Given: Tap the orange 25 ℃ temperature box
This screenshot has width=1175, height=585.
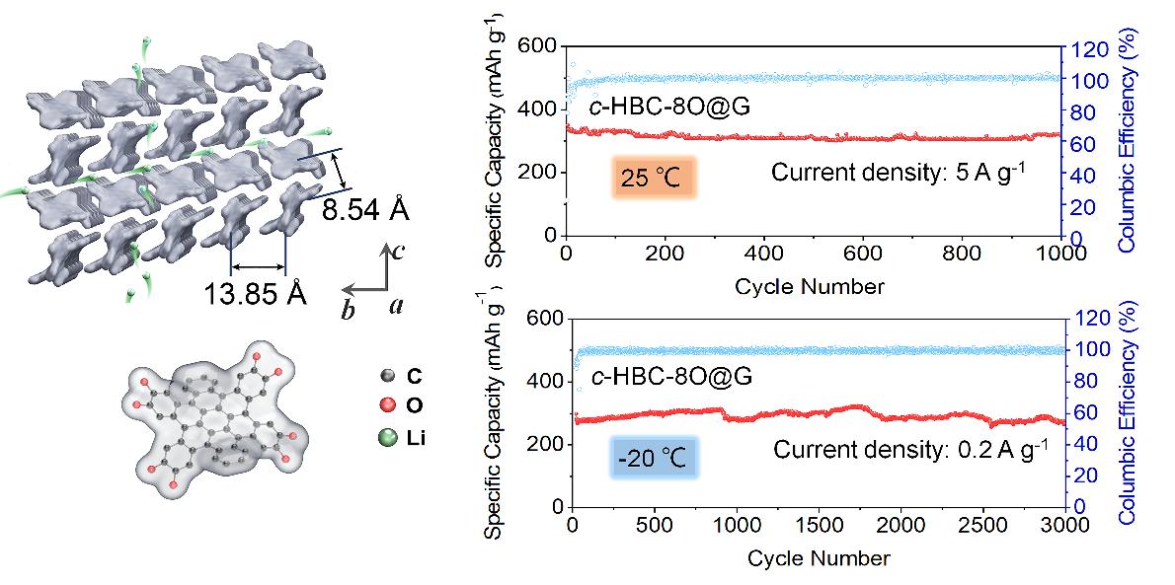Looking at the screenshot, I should (x=654, y=179).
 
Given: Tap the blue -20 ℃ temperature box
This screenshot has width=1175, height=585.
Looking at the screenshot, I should (x=655, y=459).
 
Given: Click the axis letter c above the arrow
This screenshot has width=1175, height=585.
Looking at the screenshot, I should (x=397, y=251).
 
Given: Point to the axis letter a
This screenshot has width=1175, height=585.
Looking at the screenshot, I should (x=395, y=306).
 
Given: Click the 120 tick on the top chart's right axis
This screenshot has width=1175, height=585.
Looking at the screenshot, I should (x=1084, y=47).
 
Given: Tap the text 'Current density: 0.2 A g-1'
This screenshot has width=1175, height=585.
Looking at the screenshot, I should (x=908, y=450).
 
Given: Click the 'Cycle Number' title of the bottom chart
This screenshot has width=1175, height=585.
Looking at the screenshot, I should (x=819, y=558).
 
